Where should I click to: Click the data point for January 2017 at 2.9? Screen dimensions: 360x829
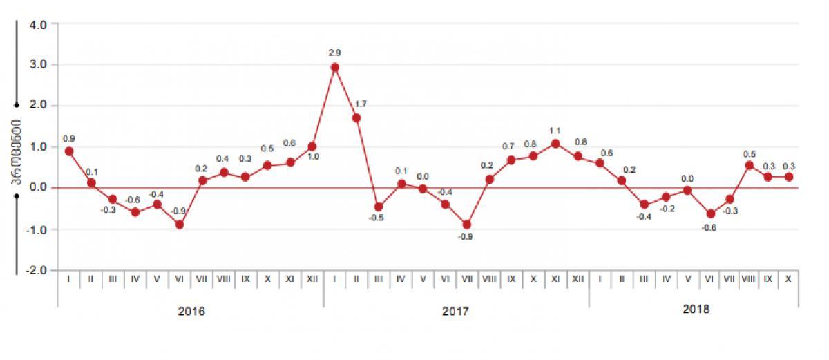(335, 67)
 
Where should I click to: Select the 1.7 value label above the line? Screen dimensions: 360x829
(361, 104)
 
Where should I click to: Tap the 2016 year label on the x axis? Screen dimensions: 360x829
(191, 311)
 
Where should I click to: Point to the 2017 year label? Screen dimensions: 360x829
(455, 311)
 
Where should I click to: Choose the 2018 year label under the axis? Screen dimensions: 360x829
(696, 310)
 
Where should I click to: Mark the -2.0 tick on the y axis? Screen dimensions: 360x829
(37, 270)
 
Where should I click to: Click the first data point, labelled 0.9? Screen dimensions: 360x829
(69, 151)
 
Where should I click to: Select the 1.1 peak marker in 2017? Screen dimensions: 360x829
(555, 144)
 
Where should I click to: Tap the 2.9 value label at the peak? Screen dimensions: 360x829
(335, 53)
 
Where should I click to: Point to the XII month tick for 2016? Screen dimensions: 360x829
(312, 279)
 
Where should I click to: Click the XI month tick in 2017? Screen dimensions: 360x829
(555, 279)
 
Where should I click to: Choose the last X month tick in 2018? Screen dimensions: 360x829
(788, 279)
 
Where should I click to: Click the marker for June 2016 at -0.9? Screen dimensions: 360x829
(180, 225)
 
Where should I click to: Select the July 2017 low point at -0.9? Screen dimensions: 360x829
(467, 225)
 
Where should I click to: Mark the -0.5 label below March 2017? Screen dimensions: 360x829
(377, 218)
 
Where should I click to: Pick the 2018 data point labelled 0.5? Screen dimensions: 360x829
(749, 165)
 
